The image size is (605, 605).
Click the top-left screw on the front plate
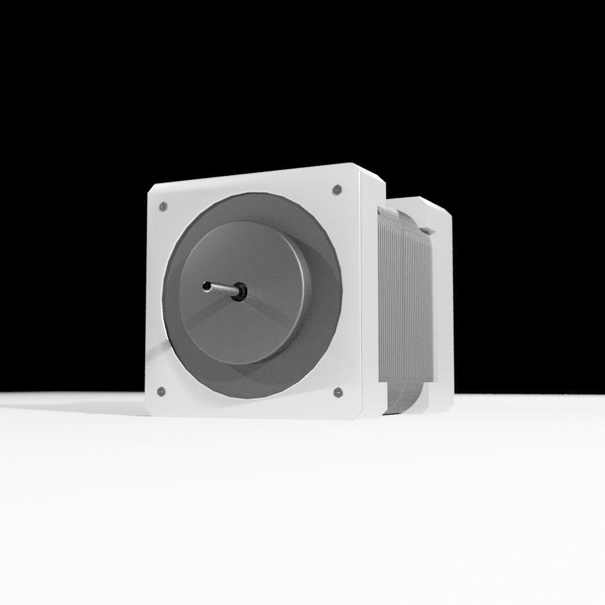162,207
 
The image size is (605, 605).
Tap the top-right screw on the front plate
337,190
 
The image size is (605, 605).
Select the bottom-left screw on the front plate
161,391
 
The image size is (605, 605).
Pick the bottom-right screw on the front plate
338,392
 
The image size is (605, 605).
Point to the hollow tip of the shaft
207,287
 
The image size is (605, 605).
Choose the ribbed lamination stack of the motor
401,297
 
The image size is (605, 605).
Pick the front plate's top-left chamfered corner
151,190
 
